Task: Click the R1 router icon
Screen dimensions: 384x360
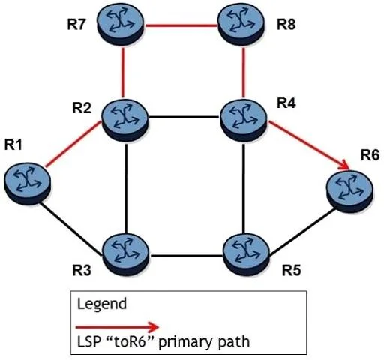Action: point(27,184)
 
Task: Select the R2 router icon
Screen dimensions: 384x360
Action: point(124,120)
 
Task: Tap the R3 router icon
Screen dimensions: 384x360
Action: point(126,255)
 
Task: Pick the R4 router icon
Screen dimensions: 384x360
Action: point(243,120)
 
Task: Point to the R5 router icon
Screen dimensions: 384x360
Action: point(246,255)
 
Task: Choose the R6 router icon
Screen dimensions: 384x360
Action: point(349,191)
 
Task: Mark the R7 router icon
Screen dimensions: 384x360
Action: point(121,25)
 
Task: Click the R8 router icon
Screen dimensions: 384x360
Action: point(241,25)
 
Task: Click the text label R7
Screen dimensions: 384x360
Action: point(76,25)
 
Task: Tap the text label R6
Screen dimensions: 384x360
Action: point(370,155)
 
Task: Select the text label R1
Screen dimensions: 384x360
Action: point(13,145)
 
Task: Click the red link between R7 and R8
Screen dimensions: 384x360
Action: point(181,25)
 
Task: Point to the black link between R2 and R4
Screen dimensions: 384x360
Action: point(184,117)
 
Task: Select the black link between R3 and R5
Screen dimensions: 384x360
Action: point(186,256)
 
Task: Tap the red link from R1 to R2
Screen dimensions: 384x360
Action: point(73,144)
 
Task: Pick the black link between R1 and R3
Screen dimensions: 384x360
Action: point(70,229)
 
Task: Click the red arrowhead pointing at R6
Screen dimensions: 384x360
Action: point(343,165)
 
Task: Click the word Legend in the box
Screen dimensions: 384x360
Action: point(102,304)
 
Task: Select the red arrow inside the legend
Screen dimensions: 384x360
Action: point(117,327)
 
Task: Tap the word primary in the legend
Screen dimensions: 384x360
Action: point(185,342)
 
